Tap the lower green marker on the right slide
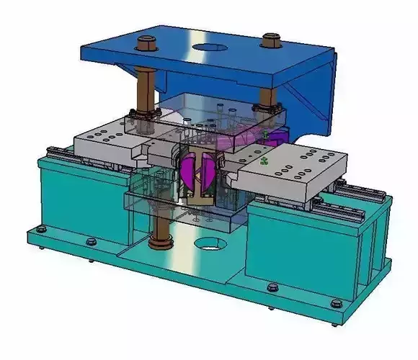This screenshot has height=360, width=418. [265, 160]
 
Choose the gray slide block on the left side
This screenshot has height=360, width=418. [108, 140]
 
